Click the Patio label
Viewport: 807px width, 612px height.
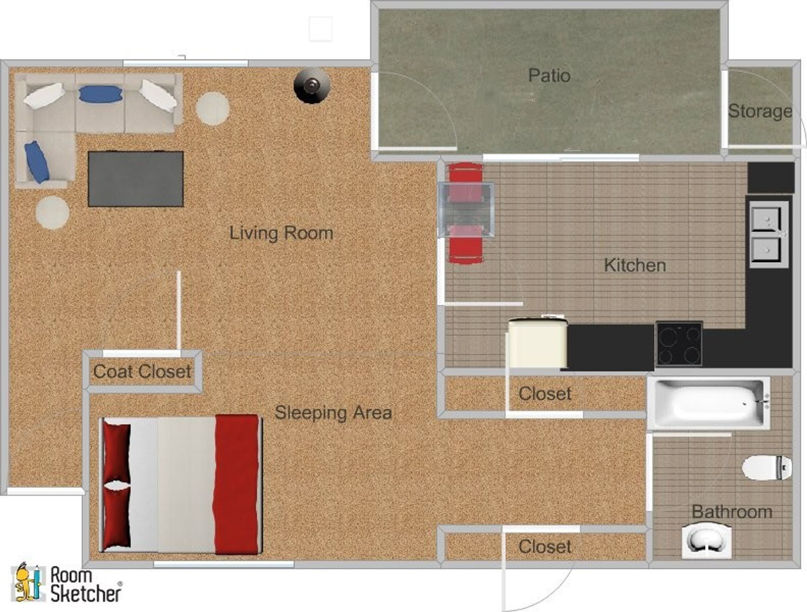point(549,76)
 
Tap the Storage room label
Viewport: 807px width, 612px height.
point(760,111)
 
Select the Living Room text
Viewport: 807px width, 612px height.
point(281,233)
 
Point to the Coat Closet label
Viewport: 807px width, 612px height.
point(142,372)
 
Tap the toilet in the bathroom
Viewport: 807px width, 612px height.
point(766,467)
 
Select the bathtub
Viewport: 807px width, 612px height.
point(709,403)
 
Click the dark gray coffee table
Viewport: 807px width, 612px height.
point(136,179)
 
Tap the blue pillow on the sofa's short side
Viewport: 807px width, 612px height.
point(37,162)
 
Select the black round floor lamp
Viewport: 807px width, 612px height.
point(311,86)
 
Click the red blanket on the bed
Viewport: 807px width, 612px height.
point(236,484)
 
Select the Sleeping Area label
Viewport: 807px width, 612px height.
point(333,413)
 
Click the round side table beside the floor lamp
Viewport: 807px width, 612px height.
point(212,108)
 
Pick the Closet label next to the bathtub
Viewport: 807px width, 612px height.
point(545,394)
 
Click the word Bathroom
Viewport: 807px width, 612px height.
point(732,512)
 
